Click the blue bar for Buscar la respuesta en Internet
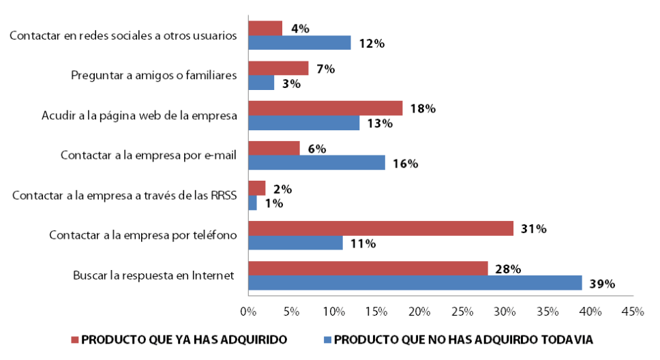(415, 282)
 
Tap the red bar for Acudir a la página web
(325, 108)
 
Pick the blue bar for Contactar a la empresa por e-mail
(316, 163)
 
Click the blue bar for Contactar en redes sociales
(299, 42)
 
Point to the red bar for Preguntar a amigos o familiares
(278, 68)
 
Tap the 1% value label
(274, 203)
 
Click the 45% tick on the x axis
(633, 312)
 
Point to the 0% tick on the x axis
(248, 312)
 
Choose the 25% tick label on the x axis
(462, 312)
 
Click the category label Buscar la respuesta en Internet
(154, 275)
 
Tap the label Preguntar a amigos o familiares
(154, 75)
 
